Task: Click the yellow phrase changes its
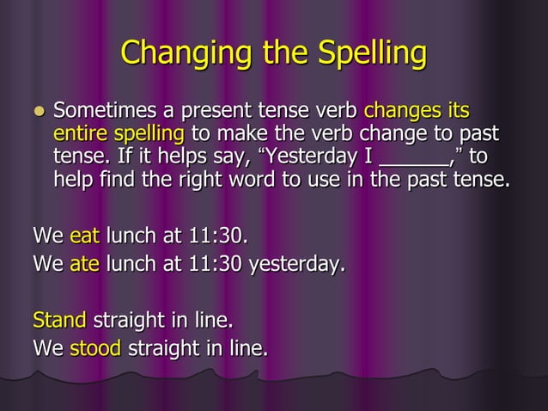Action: tap(416, 112)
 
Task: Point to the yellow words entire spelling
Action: tap(119, 135)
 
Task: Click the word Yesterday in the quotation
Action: tap(311, 158)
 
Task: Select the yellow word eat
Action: tap(85, 235)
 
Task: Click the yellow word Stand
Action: tap(58, 321)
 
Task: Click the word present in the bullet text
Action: tap(207, 112)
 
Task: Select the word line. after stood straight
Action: tap(246, 348)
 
